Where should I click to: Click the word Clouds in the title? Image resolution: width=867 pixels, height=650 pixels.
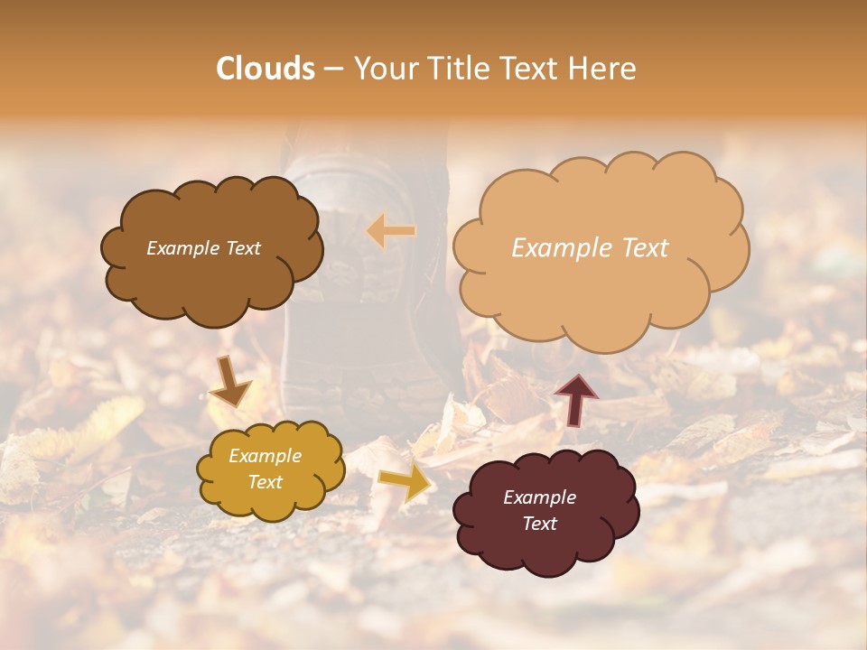(266, 69)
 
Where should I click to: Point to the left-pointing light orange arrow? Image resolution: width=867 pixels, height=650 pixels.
(391, 231)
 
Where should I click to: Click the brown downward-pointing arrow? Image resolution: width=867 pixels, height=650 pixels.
(231, 381)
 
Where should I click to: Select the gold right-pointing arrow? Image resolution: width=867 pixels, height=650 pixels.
(405, 482)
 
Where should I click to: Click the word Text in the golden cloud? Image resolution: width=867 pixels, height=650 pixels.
(266, 482)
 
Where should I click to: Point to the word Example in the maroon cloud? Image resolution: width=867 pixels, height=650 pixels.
(539, 497)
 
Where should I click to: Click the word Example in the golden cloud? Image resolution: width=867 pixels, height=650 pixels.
(266, 456)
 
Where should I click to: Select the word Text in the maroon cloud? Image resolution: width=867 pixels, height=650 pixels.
(539, 524)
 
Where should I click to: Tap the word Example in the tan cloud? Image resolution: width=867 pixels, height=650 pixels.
(559, 248)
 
